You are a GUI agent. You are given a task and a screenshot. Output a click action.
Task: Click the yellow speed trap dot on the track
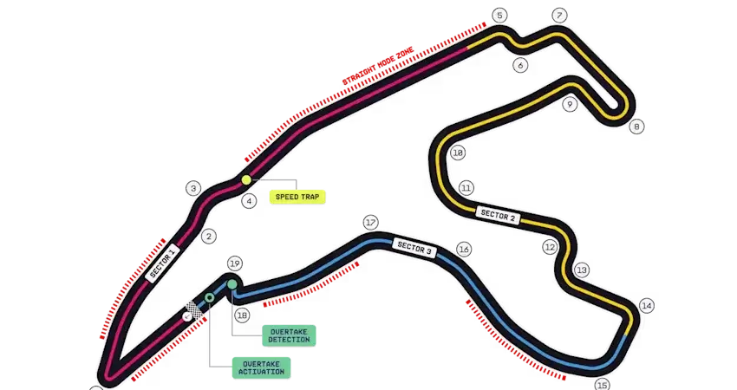click(x=246, y=179)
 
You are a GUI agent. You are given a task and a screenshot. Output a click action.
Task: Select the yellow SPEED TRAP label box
click(x=297, y=197)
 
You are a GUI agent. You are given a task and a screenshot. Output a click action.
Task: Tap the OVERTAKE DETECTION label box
click(x=289, y=335)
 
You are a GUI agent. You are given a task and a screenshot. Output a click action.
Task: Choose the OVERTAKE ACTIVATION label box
click(x=261, y=367)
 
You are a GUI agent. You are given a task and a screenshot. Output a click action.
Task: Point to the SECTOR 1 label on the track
click(x=163, y=263)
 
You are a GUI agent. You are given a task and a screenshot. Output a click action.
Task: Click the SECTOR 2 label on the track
click(x=498, y=215)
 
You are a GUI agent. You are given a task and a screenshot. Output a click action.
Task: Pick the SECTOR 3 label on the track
click(x=414, y=248)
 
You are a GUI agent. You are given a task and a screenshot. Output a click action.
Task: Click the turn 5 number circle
click(x=499, y=16)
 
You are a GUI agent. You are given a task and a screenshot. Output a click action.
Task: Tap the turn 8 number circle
click(x=636, y=127)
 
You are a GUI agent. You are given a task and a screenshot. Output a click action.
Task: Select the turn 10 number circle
click(x=458, y=153)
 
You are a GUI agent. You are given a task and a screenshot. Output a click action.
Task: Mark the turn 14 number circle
click(x=647, y=306)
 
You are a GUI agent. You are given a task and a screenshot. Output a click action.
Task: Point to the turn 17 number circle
click(x=371, y=222)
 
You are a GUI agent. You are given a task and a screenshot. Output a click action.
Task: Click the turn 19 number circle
click(x=235, y=263)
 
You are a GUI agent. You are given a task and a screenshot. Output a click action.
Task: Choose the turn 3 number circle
click(x=193, y=189)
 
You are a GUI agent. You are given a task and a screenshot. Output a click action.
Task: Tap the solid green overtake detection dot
click(x=232, y=284)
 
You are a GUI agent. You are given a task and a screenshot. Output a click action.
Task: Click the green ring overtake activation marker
click(x=210, y=297)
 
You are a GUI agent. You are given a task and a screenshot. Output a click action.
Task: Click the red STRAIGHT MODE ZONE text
click(x=378, y=66)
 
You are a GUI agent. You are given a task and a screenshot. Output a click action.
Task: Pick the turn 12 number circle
click(x=550, y=247)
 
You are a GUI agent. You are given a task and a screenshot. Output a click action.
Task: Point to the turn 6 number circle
click(x=520, y=65)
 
